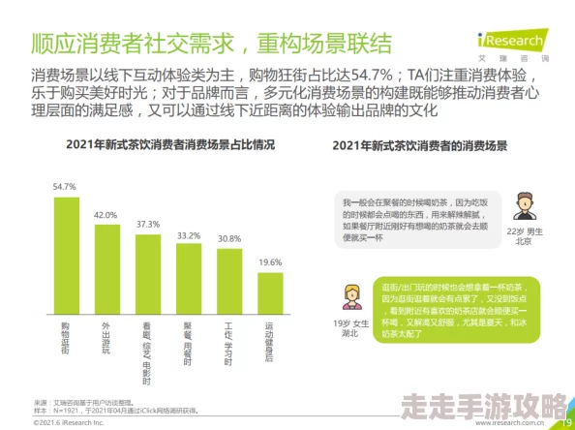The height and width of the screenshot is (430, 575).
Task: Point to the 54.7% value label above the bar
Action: pos(65,186)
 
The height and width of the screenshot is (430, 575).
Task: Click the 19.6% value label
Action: pos(270,261)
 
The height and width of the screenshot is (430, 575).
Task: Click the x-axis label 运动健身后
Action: pos(270,345)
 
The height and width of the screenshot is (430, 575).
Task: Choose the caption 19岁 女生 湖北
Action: pos(350,327)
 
